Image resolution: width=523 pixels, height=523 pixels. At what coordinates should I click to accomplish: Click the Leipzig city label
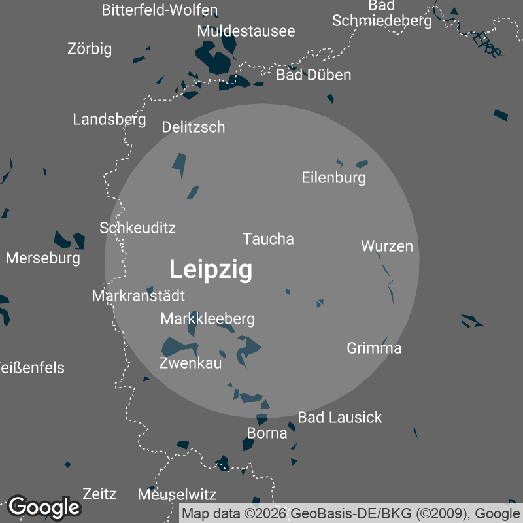coord(211,269)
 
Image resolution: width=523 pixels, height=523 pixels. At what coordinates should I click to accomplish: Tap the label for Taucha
coord(268,239)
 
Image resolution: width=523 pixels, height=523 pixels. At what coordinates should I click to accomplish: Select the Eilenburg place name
coord(333,177)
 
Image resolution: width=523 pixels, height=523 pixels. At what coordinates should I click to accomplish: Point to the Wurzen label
coord(387,246)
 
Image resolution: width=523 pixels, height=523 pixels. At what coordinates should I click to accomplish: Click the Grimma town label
coord(374,348)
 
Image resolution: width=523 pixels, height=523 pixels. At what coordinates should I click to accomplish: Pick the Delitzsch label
coord(193,127)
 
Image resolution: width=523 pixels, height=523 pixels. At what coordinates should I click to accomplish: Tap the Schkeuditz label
coord(137,228)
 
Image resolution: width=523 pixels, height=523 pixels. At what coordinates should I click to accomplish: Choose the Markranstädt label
coord(138,296)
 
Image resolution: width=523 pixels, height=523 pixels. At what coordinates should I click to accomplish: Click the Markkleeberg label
coord(207,319)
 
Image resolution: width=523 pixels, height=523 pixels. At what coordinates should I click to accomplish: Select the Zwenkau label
coord(190,363)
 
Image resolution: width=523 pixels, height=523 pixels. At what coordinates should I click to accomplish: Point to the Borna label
coord(267,433)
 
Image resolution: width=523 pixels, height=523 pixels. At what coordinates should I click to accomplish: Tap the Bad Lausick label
coord(339,417)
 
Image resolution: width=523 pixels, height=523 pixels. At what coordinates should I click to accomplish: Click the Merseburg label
coord(42,258)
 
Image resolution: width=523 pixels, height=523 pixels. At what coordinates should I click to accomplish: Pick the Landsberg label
coord(109,120)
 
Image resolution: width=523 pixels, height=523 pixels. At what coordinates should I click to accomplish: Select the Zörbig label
coord(90,49)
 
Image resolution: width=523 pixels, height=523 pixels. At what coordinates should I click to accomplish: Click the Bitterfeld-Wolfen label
coord(160,10)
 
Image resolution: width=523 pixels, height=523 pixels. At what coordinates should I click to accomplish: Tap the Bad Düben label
coord(313,75)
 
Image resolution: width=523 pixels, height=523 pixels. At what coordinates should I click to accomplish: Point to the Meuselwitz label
coord(177,495)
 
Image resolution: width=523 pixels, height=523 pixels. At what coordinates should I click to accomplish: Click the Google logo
coord(44,507)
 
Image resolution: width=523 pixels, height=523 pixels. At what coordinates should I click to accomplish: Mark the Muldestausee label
coord(246,31)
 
